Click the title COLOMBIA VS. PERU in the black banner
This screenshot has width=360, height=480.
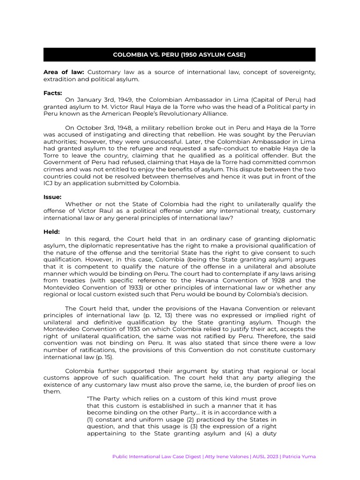pyautogui.click(x=179, y=55)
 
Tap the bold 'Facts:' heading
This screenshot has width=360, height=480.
pyautogui.click(x=52, y=93)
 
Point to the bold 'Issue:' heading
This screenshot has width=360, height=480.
pyautogui.click(x=52, y=197)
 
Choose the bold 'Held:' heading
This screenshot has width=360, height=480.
pyautogui.click(x=52, y=232)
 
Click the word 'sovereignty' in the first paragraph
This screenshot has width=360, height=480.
pyautogui.click(x=296, y=72)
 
